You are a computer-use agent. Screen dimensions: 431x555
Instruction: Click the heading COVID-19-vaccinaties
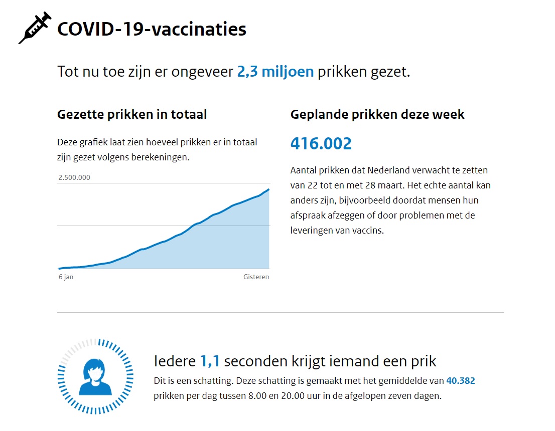click(152, 29)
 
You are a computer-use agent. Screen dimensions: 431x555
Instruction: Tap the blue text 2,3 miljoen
click(275, 72)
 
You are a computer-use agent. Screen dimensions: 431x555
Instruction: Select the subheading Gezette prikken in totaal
click(132, 114)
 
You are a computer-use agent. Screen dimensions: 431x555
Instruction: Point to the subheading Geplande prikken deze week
click(377, 114)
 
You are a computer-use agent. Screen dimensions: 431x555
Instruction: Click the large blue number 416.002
click(321, 144)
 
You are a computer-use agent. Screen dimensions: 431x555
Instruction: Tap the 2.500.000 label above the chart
click(74, 177)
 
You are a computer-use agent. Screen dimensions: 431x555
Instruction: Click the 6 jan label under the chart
click(66, 277)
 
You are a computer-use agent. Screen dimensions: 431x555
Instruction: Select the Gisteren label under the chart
click(256, 277)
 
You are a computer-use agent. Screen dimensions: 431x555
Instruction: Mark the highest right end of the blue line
click(269, 189)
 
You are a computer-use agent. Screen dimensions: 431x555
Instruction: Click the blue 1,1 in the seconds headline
click(210, 361)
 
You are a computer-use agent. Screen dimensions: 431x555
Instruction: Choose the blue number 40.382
click(460, 381)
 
